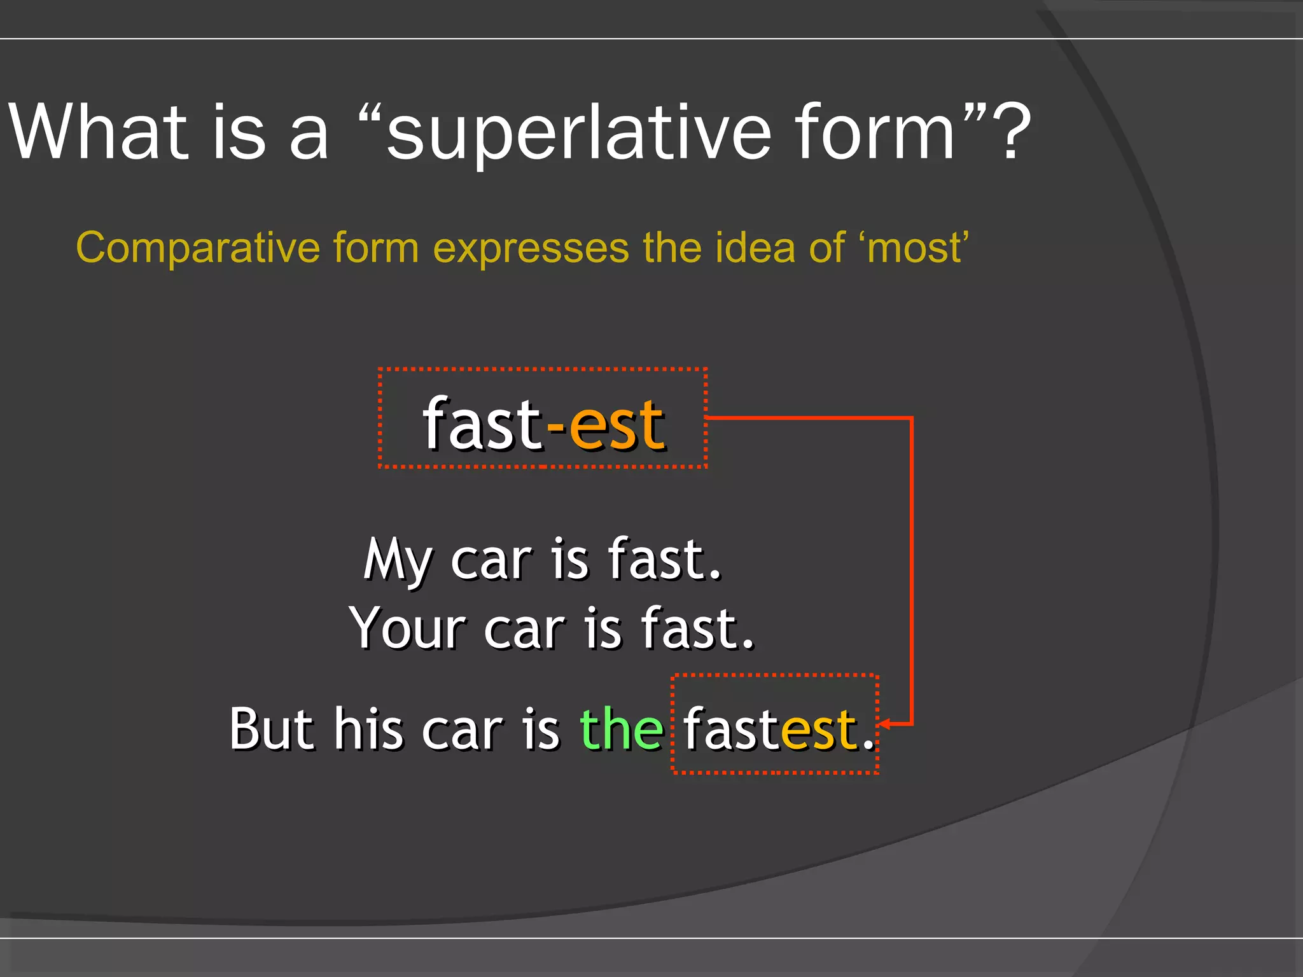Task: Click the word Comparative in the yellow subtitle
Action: [198, 247]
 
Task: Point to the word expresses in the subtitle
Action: [531, 247]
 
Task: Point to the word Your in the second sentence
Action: [407, 628]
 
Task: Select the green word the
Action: [622, 729]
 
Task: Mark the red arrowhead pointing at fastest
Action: [884, 724]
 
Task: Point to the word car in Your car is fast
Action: [524, 628]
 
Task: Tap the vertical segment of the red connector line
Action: [912, 572]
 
